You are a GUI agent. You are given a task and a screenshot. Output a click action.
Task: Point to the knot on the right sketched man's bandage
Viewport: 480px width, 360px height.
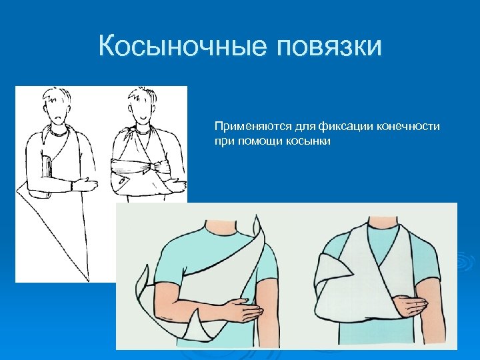[155, 165]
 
